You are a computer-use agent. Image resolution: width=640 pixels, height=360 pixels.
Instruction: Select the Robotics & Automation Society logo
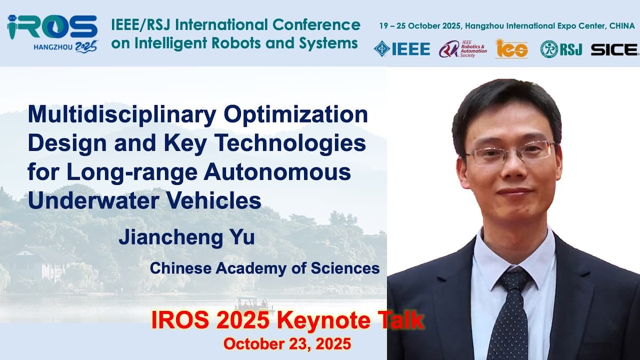pyautogui.click(x=462, y=49)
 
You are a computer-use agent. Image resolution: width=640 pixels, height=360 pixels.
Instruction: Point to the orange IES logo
pyautogui.click(x=511, y=49)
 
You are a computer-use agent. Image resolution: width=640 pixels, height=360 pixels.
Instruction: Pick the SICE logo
pyautogui.click(x=614, y=50)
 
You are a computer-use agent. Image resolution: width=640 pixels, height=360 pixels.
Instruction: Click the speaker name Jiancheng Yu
pyautogui.click(x=186, y=236)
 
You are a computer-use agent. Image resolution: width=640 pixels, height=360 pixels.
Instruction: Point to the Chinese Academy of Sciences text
pyautogui.click(x=265, y=268)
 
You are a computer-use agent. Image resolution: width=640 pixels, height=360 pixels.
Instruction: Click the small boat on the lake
pyautogui.click(x=253, y=305)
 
